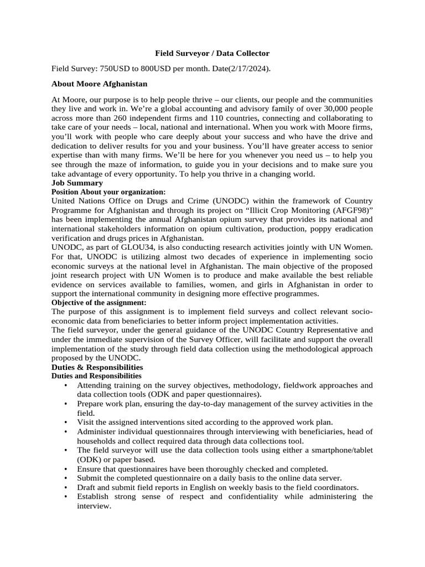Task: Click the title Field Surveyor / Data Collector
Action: point(212,53)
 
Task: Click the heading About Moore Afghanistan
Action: point(99,84)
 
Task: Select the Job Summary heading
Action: point(77,183)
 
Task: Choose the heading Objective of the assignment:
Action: point(99,302)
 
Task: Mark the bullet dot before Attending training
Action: point(66,385)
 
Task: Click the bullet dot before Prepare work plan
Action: point(66,404)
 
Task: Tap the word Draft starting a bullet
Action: point(88,487)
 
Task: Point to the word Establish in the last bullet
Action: point(94,497)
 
